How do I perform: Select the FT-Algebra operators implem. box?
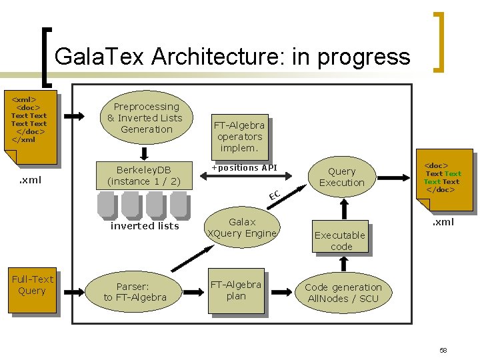pos(239,135)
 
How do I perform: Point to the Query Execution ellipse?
pos(342,177)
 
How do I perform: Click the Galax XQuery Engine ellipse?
pos(242,227)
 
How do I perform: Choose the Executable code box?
pos(340,240)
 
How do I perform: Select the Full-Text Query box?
pos(32,285)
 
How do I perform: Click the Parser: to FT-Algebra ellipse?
pos(135,291)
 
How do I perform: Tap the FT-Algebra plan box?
pos(236,291)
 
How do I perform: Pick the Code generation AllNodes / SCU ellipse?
pos(343,293)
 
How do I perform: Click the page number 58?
pos(443,350)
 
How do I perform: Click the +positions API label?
pos(244,167)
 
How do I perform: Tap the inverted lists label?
pos(145,226)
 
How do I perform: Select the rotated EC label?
pos(273,195)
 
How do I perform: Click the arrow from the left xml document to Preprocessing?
pos(74,116)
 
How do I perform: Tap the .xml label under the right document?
pos(443,222)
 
